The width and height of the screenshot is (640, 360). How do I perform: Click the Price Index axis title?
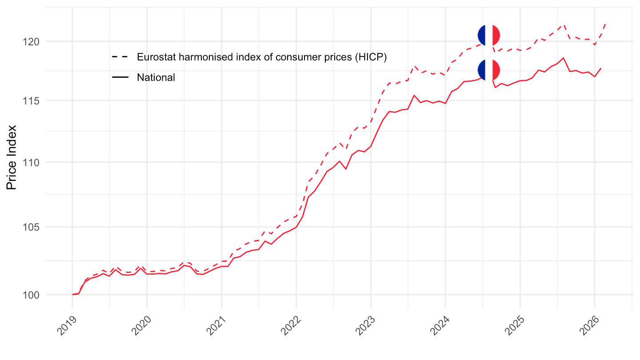[x=12, y=157]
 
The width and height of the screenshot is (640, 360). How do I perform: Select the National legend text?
[x=156, y=77]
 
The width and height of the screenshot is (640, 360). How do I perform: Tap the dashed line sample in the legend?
[x=120, y=57]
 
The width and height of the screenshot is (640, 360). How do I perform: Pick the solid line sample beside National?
[x=120, y=77]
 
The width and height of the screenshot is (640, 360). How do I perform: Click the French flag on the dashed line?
[x=489, y=35]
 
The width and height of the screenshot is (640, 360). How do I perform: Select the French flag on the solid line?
[x=489, y=70]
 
